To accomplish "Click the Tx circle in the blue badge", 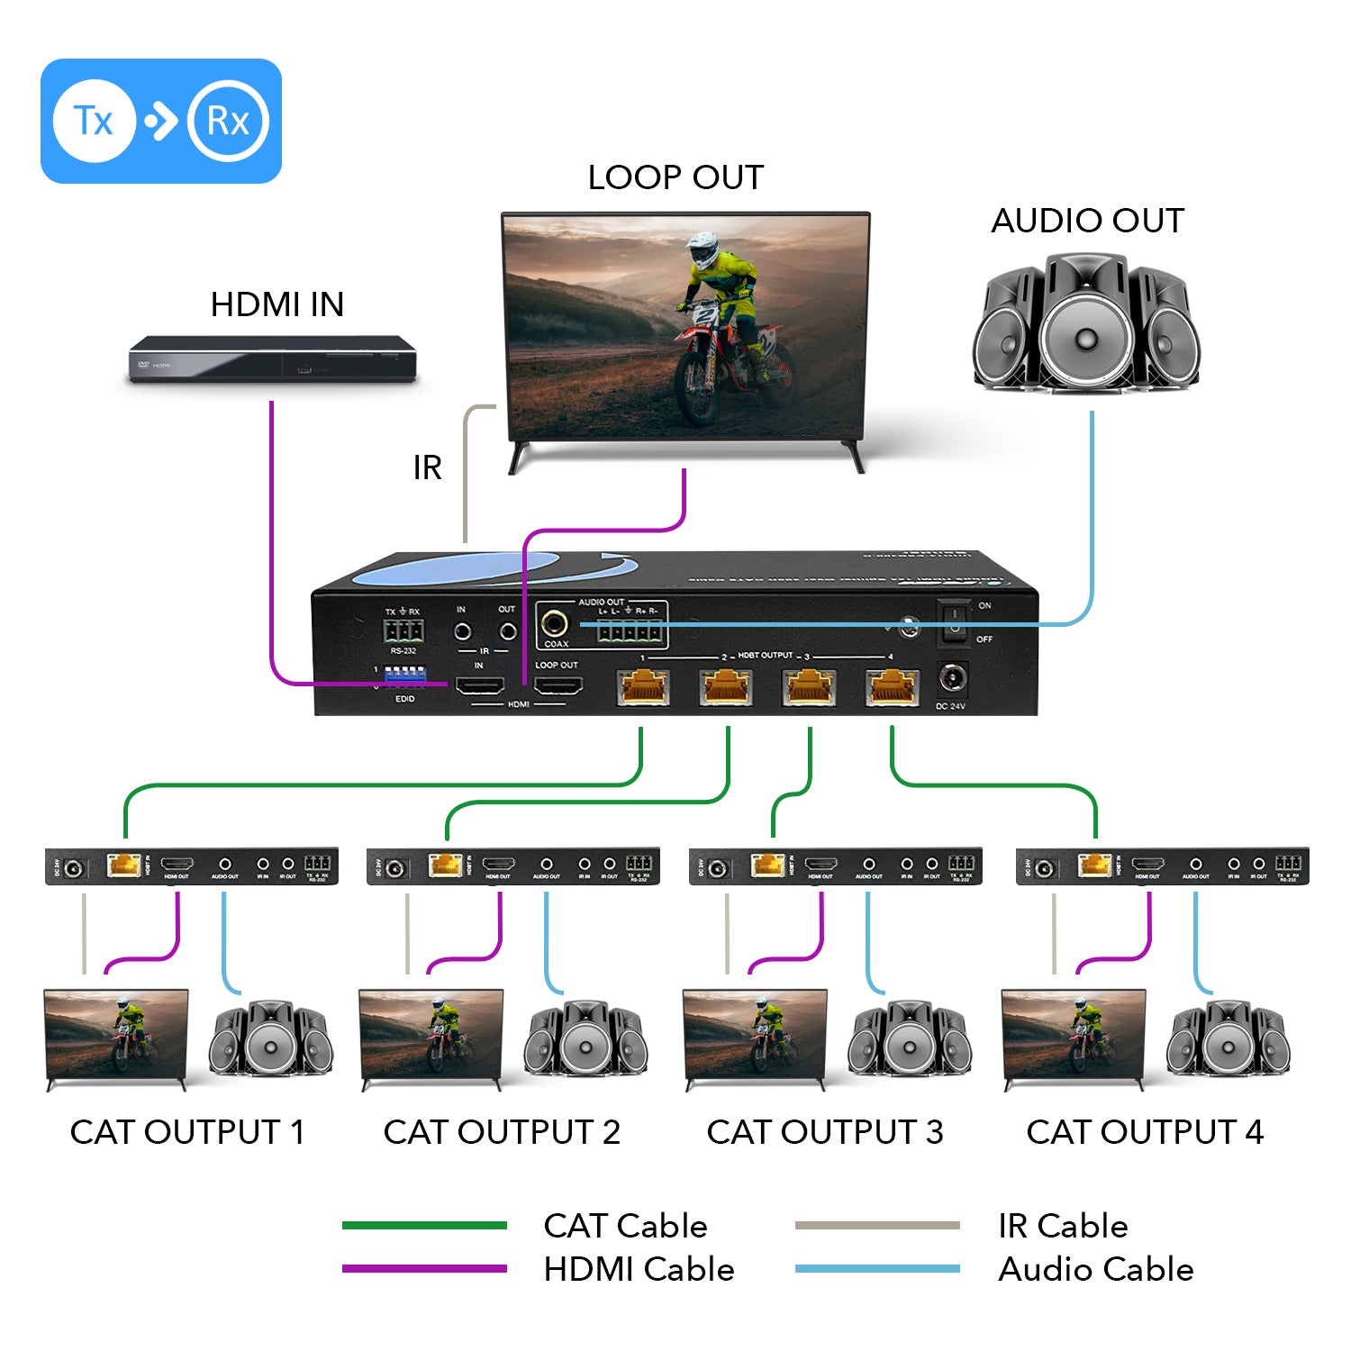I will pyautogui.click(x=94, y=121).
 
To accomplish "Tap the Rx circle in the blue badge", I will pyautogui.click(x=228, y=121).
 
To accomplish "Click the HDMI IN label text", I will pyautogui.click(x=277, y=304).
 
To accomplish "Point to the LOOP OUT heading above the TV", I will pyautogui.click(x=675, y=177).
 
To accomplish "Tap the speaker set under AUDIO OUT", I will pyautogui.click(x=1087, y=324).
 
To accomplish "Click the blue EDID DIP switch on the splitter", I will pyautogui.click(x=404, y=675).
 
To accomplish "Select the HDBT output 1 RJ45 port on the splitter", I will pyautogui.click(x=643, y=689).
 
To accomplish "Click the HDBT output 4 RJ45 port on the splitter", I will pyautogui.click(x=892, y=689).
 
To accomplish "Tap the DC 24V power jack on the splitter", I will pyautogui.click(x=952, y=678).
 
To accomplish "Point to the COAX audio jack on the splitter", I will pyautogui.click(x=554, y=623).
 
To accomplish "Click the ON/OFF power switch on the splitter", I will pyautogui.click(x=954, y=622).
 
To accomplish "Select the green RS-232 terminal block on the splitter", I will pyautogui.click(x=403, y=630).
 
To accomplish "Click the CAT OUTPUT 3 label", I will pyautogui.click(x=824, y=1132).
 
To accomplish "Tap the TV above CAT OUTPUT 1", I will pyautogui.click(x=116, y=1036).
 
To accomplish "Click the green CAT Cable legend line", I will pyautogui.click(x=424, y=1225).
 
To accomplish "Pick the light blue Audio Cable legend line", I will pyautogui.click(x=877, y=1269).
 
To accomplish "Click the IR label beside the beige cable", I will pyautogui.click(x=427, y=468).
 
